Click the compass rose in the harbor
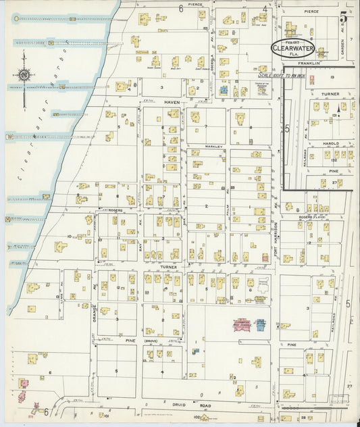[x=25, y=75]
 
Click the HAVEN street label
[x=171, y=102]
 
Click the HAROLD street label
[x=331, y=143]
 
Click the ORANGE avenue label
[x=95, y=313]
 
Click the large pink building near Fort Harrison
[x=242, y=326]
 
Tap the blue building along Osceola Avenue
[x=222, y=89]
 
